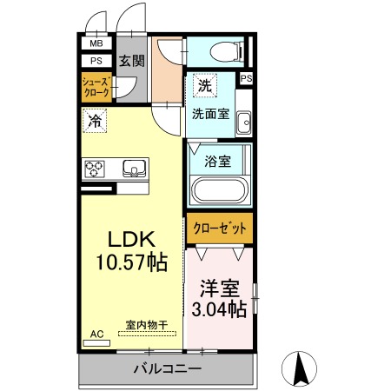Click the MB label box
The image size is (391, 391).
[x=96, y=43]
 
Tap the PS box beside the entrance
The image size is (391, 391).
[x=96, y=61]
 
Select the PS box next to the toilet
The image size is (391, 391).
[x=246, y=78]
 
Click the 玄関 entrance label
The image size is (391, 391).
[x=132, y=61]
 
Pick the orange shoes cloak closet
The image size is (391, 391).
[x=96, y=87]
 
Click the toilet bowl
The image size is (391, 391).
[x=226, y=52]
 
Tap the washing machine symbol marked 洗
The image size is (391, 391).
[x=205, y=85]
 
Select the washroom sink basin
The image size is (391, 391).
[x=243, y=123]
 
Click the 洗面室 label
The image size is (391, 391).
[x=210, y=114]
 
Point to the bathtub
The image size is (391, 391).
[x=219, y=189]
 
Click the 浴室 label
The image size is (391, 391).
[x=217, y=161]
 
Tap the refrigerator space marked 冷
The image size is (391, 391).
[x=95, y=121]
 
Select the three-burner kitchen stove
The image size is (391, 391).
[x=94, y=169]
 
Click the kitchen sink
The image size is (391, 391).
[x=134, y=168]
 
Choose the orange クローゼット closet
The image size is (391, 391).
[x=220, y=229]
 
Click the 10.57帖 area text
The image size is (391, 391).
[x=132, y=262]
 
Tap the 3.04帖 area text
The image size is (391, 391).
[x=219, y=308]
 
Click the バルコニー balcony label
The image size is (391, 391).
[x=167, y=368]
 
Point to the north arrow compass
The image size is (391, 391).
[x=299, y=368]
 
